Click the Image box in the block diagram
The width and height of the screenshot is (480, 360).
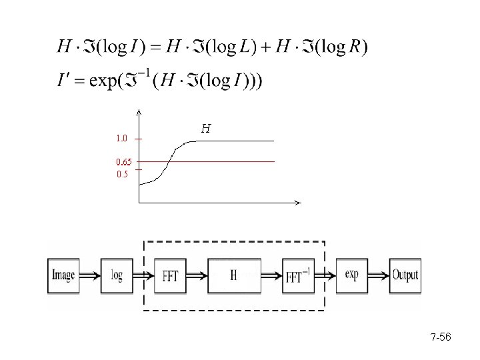(63, 275)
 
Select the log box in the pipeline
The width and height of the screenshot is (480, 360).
(117, 275)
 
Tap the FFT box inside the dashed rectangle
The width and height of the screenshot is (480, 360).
(170, 275)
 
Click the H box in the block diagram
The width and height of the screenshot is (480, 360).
(234, 275)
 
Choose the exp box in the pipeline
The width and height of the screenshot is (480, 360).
(352, 274)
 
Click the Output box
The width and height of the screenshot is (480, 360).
(405, 274)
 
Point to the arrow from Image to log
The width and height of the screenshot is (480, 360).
(89, 275)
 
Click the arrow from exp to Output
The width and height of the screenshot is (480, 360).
(378, 274)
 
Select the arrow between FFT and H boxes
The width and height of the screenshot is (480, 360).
(198, 275)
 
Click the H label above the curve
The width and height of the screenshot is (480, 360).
(206, 129)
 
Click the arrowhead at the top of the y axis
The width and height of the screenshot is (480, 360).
(138, 111)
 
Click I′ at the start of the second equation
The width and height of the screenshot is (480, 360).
(64, 81)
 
